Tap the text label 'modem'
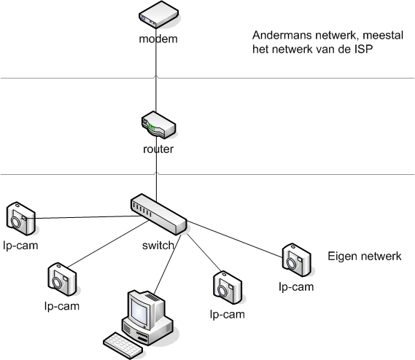point(158,38)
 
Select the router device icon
point(158,125)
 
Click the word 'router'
point(158,149)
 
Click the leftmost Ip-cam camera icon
point(20,217)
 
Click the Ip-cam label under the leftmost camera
point(20,245)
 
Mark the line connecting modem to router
point(157,80)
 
